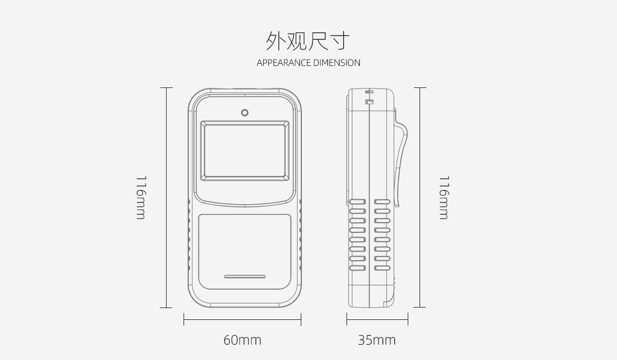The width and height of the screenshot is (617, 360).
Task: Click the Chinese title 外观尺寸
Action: coord(308,41)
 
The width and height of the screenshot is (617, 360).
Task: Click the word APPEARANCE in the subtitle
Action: coord(284,63)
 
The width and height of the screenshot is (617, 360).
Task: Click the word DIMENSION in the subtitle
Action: coord(337,63)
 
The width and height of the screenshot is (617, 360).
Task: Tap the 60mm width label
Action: coord(242,340)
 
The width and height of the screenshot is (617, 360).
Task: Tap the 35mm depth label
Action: coord(377,340)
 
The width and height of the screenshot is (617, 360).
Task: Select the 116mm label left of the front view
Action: coord(141,197)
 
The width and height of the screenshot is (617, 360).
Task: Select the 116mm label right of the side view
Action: coord(444,197)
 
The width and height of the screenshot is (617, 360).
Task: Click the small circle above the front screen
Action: coord(245,113)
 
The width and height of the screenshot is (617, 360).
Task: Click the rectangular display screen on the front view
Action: coord(245,151)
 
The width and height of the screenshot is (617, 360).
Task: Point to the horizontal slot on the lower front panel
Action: coord(245,277)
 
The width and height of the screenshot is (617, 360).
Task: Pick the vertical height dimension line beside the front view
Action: coord(167,197)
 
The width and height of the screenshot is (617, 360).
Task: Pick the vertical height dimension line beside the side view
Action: coord(420,197)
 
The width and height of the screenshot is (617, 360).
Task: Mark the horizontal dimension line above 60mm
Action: coord(242,319)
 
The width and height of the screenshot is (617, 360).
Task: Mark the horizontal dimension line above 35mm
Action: coord(377,319)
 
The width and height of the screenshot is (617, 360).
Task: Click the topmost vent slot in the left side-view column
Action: coord(357,202)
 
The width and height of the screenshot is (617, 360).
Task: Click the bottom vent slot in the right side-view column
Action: coord(383,268)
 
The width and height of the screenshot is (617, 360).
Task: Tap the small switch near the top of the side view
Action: coord(369,102)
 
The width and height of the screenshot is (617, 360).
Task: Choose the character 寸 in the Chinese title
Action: coord(340,41)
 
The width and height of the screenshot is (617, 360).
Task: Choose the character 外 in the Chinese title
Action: coord(276,41)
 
